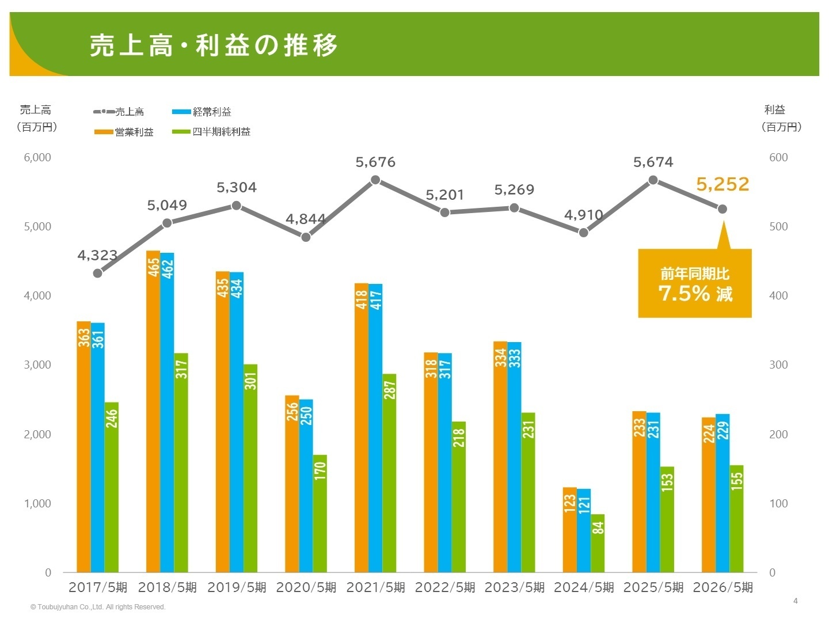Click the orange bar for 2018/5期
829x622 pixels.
click(x=153, y=411)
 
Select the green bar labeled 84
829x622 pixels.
click(x=598, y=543)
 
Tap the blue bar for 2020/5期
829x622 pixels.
click(x=306, y=486)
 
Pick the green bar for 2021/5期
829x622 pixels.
click(x=389, y=473)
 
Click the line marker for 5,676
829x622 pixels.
click(x=375, y=180)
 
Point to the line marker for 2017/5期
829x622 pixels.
click(x=97, y=273)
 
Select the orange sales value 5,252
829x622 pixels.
click(x=722, y=184)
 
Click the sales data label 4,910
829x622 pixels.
click(x=583, y=215)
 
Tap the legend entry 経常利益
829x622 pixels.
click(x=211, y=112)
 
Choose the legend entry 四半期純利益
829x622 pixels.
click(x=221, y=132)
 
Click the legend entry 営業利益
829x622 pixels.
click(x=134, y=132)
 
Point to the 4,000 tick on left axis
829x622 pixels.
click(x=37, y=295)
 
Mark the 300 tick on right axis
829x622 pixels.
click(x=778, y=365)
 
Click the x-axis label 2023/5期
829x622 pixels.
click(x=514, y=587)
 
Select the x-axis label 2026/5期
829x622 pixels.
click(x=722, y=587)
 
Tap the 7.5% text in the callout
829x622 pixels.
click(x=685, y=294)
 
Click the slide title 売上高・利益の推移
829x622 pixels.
click(x=214, y=45)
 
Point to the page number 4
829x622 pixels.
click(x=796, y=601)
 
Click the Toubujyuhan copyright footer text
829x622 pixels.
click(x=98, y=607)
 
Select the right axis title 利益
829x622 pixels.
click(x=775, y=109)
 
